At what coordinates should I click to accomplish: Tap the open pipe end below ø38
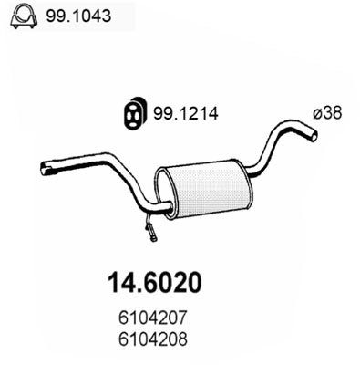pos(313,135)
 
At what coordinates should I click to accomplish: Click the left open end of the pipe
pos(46,167)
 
